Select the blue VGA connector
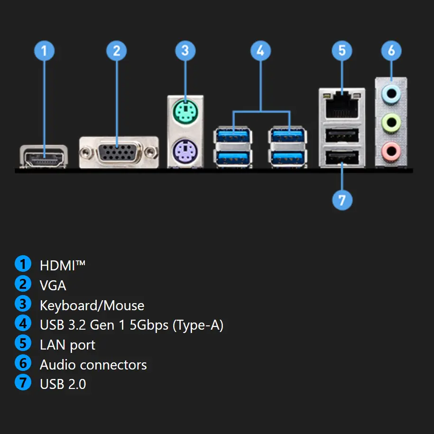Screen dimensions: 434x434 (x=119, y=152)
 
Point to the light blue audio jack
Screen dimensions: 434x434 (x=391, y=94)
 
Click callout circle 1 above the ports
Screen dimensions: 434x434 (x=45, y=50)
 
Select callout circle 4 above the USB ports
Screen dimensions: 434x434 (x=260, y=50)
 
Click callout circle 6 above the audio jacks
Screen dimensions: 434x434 (x=391, y=50)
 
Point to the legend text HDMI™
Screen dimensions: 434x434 (x=63, y=265)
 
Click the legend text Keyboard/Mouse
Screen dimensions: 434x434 (x=92, y=305)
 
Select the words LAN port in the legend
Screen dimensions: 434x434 (x=67, y=345)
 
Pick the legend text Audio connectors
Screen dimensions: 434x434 (x=93, y=365)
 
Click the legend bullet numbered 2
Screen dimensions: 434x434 (x=23, y=284)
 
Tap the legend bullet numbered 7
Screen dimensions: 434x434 (x=23, y=383)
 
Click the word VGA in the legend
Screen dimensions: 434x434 (x=53, y=285)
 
